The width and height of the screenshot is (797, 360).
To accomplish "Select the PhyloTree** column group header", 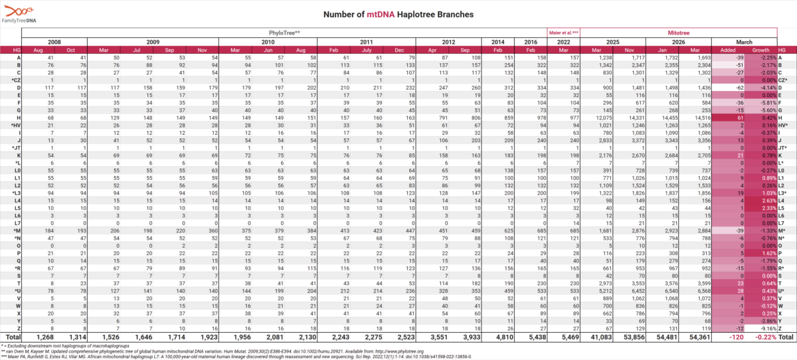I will click(285, 32).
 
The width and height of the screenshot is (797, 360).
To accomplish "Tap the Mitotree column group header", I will click(679, 32).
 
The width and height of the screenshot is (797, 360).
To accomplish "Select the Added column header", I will click(728, 50).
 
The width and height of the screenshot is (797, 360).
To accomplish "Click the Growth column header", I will click(760, 50).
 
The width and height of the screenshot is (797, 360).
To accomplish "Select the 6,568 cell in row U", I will click(696, 290).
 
